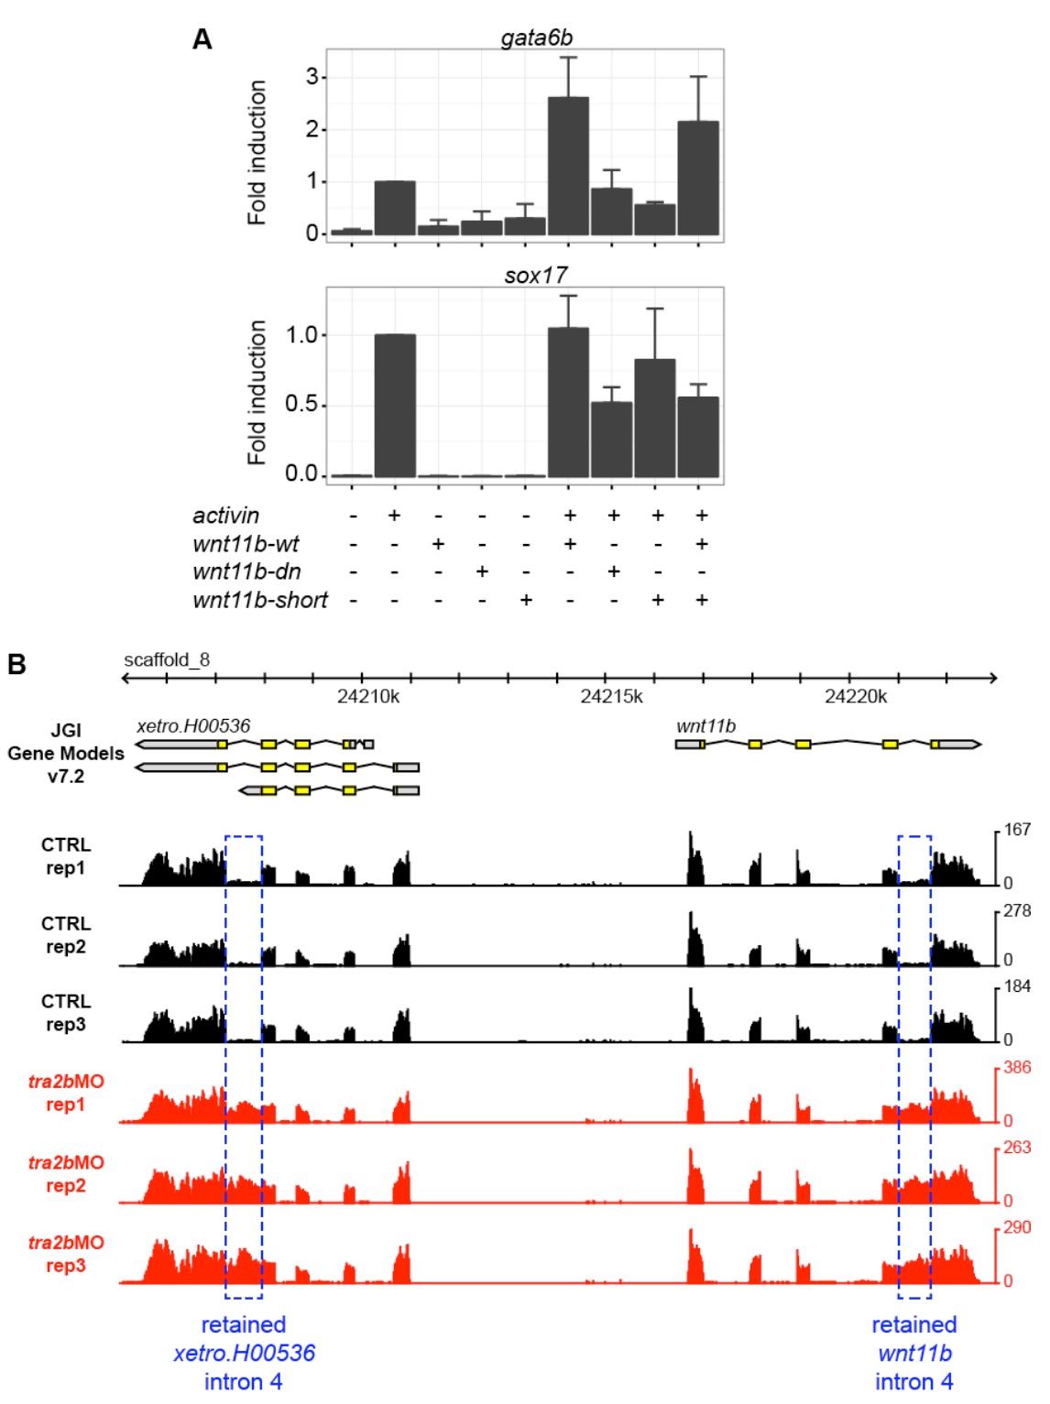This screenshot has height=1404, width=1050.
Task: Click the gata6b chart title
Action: point(536,38)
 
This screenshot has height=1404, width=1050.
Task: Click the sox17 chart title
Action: point(536,275)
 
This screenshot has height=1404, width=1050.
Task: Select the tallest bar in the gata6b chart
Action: point(568,166)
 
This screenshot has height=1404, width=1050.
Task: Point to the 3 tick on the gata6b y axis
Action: point(312,77)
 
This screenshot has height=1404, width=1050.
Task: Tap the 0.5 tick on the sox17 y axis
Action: point(301,404)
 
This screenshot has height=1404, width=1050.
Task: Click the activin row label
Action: point(225,516)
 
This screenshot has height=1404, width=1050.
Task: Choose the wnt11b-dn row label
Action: point(246,571)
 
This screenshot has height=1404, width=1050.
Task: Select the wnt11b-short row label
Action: point(260,600)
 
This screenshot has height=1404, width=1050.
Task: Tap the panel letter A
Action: point(202,39)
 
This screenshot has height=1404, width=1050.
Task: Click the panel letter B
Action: point(16,664)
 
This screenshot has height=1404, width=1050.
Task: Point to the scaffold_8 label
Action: point(167,659)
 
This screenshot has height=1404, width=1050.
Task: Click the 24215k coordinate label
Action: point(611,696)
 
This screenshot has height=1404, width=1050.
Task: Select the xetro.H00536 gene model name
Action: point(193,726)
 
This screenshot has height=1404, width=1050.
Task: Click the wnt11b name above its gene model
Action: point(705,726)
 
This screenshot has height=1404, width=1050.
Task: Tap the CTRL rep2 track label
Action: point(66,935)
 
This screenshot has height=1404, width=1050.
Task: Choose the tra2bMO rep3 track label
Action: point(66,1254)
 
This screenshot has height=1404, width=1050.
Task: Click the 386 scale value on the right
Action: point(1017,1068)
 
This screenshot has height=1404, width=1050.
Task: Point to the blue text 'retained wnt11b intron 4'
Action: point(914,1353)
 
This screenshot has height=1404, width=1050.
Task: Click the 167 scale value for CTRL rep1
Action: point(1017,830)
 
